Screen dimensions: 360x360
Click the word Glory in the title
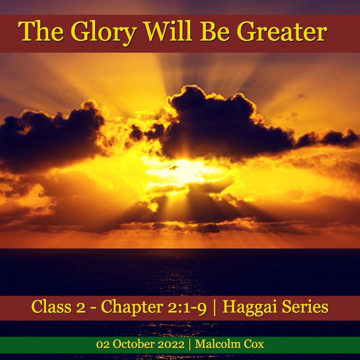[x=104, y=33]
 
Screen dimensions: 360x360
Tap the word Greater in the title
[x=282, y=31]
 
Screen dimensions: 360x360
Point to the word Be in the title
[x=215, y=31]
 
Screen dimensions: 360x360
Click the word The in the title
[x=41, y=31]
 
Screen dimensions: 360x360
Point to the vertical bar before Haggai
[x=215, y=308]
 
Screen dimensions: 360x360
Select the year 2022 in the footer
[x=171, y=345]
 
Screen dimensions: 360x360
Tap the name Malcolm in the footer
[x=217, y=345]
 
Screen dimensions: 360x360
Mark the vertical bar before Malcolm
[x=190, y=345]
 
